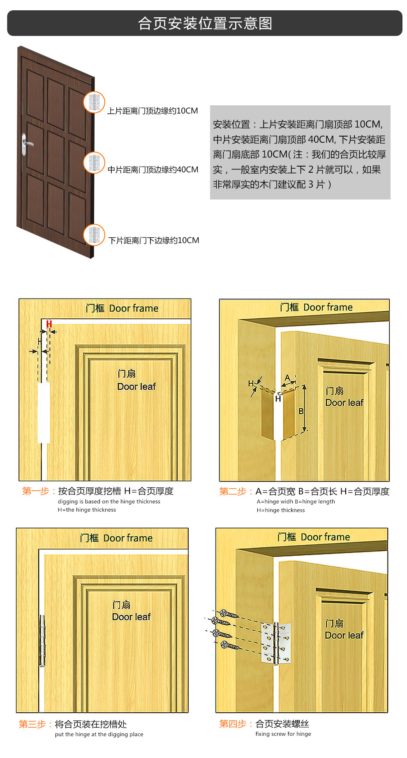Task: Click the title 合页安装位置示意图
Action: pyautogui.click(x=205, y=23)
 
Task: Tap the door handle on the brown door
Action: pyautogui.click(x=26, y=144)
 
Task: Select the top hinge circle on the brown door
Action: pyautogui.click(x=94, y=102)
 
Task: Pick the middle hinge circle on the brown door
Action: pyautogui.click(x=94, y=163)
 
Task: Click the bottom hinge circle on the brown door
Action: pyautogui.click(x=94, y=235)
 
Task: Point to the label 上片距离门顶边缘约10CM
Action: pyautogui.click(x=153, y=111)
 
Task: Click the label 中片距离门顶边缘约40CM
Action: pyautogui.click(x=153, y=169)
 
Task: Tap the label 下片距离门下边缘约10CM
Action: pyautogui.click(x=154, y=240)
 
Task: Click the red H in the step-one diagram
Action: pyautogui.click(x=49, y=324)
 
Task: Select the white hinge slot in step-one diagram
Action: pyautogui.click(x=44, y=413)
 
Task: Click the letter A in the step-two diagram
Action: pyautogui.click(x=287, y=378)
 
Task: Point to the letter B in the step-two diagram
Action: pyautogui.click(x=301, y=411)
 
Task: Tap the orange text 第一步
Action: pyautogui.click(x=35, y=491)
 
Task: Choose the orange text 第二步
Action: pyautogui.click(x=233, y=491)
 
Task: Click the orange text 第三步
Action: pyautogui.click(x=32, y=724)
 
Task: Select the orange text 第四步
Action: pyautogui.click(x=233, y=724)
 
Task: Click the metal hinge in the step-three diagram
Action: pyautogui.click(x=42, y=640)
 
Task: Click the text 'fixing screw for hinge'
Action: pyautogui.click(x=283, y=734)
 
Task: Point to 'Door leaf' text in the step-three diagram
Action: pyautogui.click(x=132, y=617)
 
